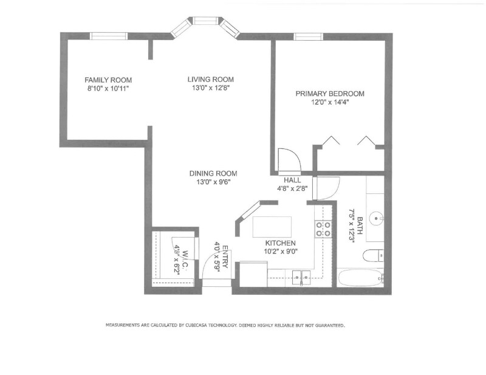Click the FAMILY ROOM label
108,80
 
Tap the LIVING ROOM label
210,80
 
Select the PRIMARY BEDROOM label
330,94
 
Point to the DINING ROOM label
213,173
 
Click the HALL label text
292,181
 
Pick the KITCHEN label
280,243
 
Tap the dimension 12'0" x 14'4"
330,102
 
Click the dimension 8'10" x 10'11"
108,89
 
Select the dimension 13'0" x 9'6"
213,182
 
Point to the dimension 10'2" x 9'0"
281,252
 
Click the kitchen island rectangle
272,227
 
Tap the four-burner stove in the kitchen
323,229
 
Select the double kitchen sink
301,275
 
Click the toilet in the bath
373,256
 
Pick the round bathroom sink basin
377,218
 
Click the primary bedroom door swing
290,160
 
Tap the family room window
109,36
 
